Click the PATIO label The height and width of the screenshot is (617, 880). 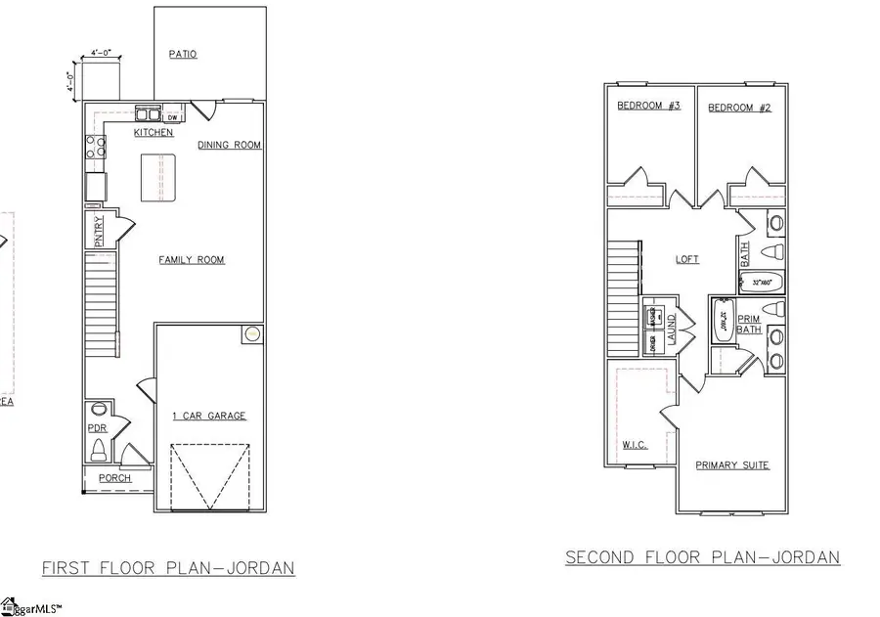pos(183,55)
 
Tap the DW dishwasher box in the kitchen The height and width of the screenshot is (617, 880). pos(171,117)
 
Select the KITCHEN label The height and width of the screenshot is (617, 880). pos(154,132)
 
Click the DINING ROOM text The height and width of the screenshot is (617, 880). pos(230,145)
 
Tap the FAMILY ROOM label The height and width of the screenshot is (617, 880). pos(192,260)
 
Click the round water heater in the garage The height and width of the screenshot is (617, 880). pos(253,334)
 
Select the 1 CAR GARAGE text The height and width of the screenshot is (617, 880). pos(208,416)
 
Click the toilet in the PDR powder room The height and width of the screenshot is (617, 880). pos(98,451)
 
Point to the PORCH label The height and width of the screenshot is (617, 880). pos(114,478)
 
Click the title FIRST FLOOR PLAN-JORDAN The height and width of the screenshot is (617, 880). pos(168,568)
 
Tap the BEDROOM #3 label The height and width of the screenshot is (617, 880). pos(648,108)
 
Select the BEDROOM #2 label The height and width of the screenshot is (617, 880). pos(740,108)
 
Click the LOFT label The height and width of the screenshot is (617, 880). pos(687,260)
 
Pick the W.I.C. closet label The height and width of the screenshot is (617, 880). pos(635,445)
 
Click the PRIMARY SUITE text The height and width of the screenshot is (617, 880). pos(731,465)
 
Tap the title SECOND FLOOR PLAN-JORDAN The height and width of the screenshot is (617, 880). pos(702,557)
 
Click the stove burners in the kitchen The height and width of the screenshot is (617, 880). pos(96,147)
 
